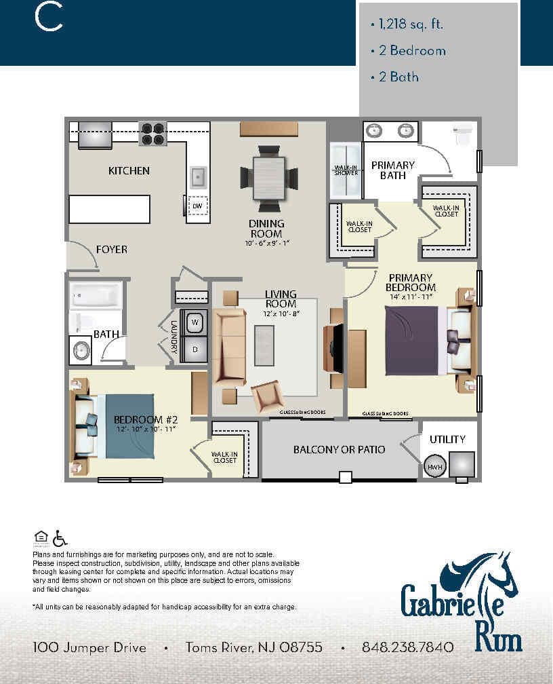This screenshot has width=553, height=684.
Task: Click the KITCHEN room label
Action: (129, 170)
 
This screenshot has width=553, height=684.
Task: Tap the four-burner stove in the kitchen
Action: (152, 133)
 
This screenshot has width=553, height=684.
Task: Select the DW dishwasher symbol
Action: (197, 205)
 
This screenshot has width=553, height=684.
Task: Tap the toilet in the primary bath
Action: (464, 134)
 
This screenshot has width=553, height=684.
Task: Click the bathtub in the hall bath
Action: (96, 295)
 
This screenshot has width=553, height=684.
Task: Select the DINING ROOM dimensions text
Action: (266, 243)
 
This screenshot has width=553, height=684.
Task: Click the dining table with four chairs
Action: (269, 177)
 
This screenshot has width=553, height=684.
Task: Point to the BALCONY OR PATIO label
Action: (339, 449)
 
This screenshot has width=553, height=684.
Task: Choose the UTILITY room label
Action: (447, 439)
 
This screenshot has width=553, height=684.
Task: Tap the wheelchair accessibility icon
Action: (60, 538)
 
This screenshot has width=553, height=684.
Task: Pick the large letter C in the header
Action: (48, 18)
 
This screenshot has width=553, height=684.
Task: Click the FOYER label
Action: (111, 249)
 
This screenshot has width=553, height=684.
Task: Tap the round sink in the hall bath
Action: (81, 351)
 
